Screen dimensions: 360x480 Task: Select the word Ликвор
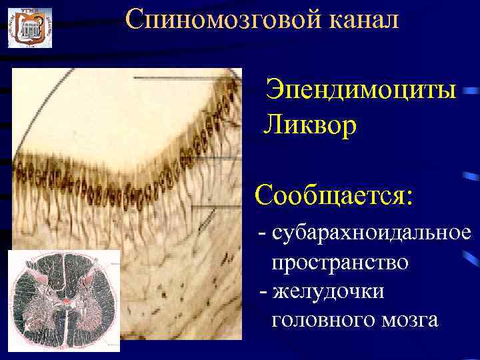(311, 125)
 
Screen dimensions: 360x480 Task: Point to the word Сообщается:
(334, 196)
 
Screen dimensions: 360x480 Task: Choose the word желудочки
(333, 291)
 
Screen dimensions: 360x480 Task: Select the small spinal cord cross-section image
(63, 300)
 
